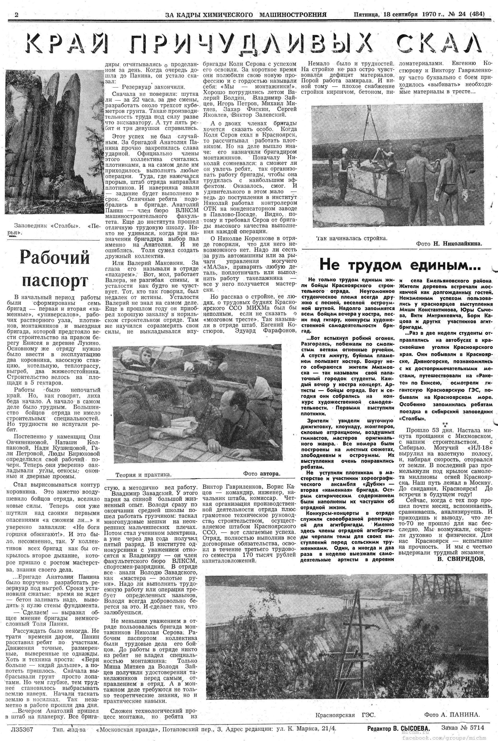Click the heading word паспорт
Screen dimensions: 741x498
55,281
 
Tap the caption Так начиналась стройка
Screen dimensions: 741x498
352,238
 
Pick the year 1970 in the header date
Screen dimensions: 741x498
430,15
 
